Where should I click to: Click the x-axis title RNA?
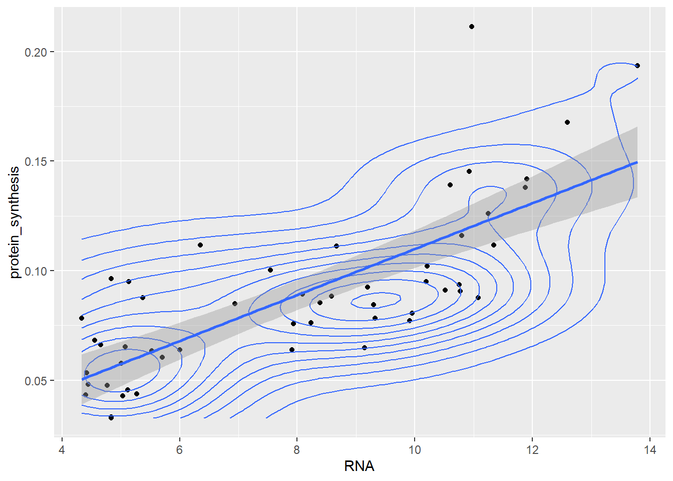(359, 466)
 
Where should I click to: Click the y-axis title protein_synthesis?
(15, 222)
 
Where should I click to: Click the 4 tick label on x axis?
(62, 450)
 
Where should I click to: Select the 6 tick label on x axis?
(179, 450)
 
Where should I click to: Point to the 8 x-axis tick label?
(297, 450)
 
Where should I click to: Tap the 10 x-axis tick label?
(415, 450)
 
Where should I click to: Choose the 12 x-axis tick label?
(532, 450)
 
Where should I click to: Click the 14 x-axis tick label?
(650, 450)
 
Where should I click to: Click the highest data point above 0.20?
(472, 27)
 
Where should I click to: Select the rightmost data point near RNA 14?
(637, 66)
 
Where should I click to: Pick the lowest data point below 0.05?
(111, 417)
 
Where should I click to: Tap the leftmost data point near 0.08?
(82, 318)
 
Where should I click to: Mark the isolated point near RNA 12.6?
(567, 122)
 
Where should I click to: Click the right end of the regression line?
(637, 162)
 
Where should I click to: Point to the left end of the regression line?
(82, 379)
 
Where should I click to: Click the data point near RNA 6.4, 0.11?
(200, 245)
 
